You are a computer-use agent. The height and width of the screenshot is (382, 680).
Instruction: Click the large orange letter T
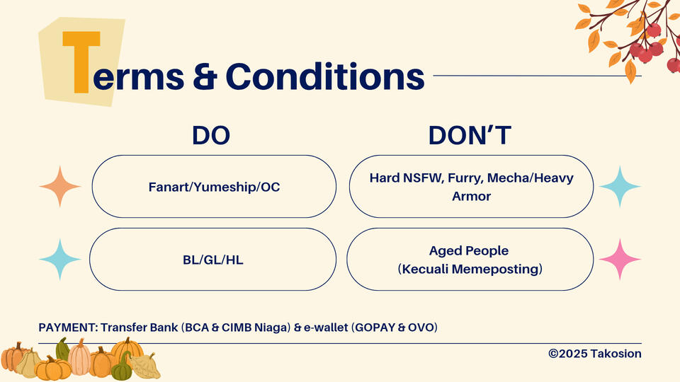[x=81, y=62]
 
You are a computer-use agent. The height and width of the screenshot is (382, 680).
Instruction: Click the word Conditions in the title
[x=325, y=76]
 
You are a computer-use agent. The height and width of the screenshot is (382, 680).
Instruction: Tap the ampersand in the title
[x=205, y=76]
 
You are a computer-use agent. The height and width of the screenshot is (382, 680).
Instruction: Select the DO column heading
[x=211, y=135]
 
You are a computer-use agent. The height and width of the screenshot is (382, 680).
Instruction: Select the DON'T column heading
[x=470, y=135]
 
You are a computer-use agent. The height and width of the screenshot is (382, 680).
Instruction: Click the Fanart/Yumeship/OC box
[x=214, y=186]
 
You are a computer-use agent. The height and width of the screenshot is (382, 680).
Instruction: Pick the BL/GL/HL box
[x=213, y=259]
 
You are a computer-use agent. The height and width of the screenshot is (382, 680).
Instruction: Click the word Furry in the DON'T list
[x=465, y=178]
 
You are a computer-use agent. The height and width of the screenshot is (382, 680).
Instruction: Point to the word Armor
[x=472, y=196]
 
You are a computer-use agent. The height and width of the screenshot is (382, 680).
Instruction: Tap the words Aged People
[x=469, y=250]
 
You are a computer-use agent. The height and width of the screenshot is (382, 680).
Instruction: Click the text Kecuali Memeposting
[x=470, y=269]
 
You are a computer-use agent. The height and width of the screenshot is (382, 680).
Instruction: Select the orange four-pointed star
[x=59, y=186]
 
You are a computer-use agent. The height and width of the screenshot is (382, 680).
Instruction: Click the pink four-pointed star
[x=620, y=259]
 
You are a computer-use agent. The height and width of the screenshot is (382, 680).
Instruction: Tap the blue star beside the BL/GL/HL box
[x=59, y=259]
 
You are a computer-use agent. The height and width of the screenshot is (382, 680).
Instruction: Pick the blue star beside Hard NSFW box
[x=620, y=186]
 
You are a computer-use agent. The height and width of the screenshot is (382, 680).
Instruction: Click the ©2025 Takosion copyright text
[x=594, y=354]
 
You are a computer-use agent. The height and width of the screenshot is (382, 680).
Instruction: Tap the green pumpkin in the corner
[x=122, y=366]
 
